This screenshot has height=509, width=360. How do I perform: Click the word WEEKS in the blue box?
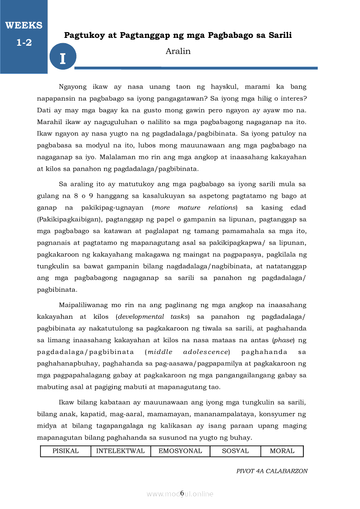pos(24,25)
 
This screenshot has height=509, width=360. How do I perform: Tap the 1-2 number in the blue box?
pos(24,43)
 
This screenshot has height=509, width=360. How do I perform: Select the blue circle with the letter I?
pos(63,57)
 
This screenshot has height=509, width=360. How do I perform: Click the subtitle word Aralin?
pos(178,51)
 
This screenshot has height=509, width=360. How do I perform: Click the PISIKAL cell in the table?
pos(65,451)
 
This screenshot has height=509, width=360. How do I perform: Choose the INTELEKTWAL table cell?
pos(120,451)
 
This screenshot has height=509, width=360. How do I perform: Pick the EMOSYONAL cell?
pos(180,451)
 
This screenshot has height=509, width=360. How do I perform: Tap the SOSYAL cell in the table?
pos(235,451)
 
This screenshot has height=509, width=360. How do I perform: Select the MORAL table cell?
pos(282,451)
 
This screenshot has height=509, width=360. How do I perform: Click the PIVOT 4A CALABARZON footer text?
pos(272,471)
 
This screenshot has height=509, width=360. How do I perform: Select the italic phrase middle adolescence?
pos(187,352)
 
